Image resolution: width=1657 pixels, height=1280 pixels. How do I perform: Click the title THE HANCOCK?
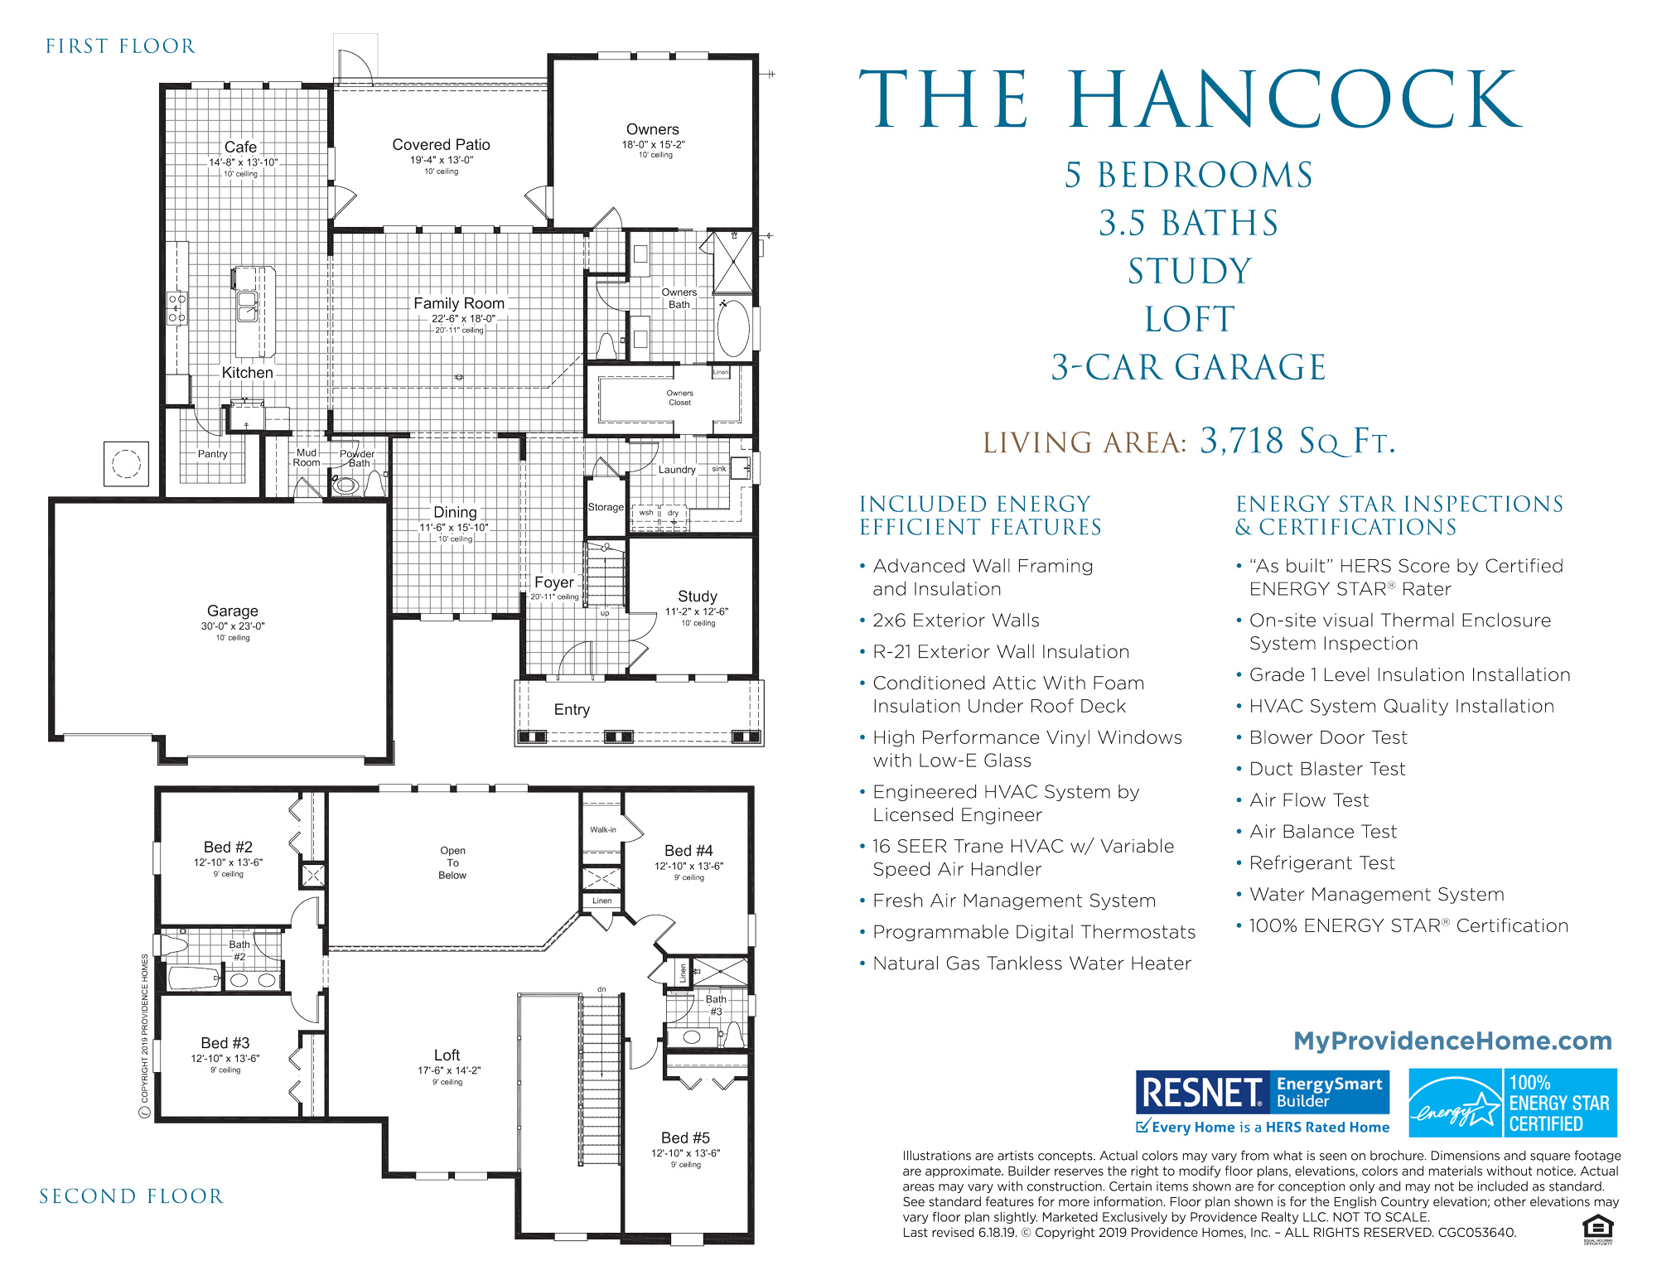click(1190, 100)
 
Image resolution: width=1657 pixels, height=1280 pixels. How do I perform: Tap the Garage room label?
click(232, 611)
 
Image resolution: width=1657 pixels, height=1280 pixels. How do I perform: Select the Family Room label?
click(458, 304)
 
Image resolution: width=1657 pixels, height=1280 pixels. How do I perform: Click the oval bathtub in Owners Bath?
click(732, 328)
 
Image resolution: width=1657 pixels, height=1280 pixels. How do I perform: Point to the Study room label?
click(697, 597)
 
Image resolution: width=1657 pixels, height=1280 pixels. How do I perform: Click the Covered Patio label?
click(441, 145)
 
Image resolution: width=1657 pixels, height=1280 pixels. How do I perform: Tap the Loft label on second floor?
click(447, 1055)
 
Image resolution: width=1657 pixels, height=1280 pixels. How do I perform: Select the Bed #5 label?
click(685, 1138)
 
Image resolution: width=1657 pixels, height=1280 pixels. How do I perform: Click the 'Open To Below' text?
click(452, 862)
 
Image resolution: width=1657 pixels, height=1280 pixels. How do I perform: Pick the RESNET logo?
click(1201, 1092)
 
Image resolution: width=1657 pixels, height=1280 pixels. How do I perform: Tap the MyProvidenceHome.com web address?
click(1452, 1041)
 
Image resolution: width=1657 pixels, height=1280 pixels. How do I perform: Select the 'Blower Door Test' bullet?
click(1327, 737)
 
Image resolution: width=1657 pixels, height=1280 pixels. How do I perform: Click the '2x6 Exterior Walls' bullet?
click(955, 621)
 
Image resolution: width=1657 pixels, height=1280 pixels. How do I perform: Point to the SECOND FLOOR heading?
click(131, 1196)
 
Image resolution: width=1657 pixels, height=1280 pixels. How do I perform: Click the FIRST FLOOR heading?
click(121, 46)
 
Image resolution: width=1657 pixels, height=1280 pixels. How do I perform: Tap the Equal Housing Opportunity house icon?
click(1597, 1228)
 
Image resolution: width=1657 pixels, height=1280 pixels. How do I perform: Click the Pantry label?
click(212, 454)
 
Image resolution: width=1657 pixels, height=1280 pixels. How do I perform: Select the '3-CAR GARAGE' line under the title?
click(1188, 367)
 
